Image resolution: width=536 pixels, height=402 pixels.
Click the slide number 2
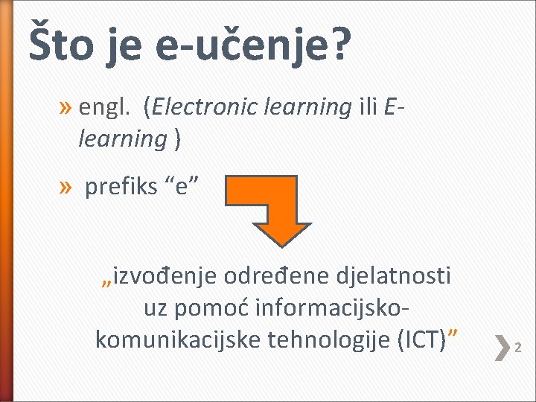click(x=519, y=348)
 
